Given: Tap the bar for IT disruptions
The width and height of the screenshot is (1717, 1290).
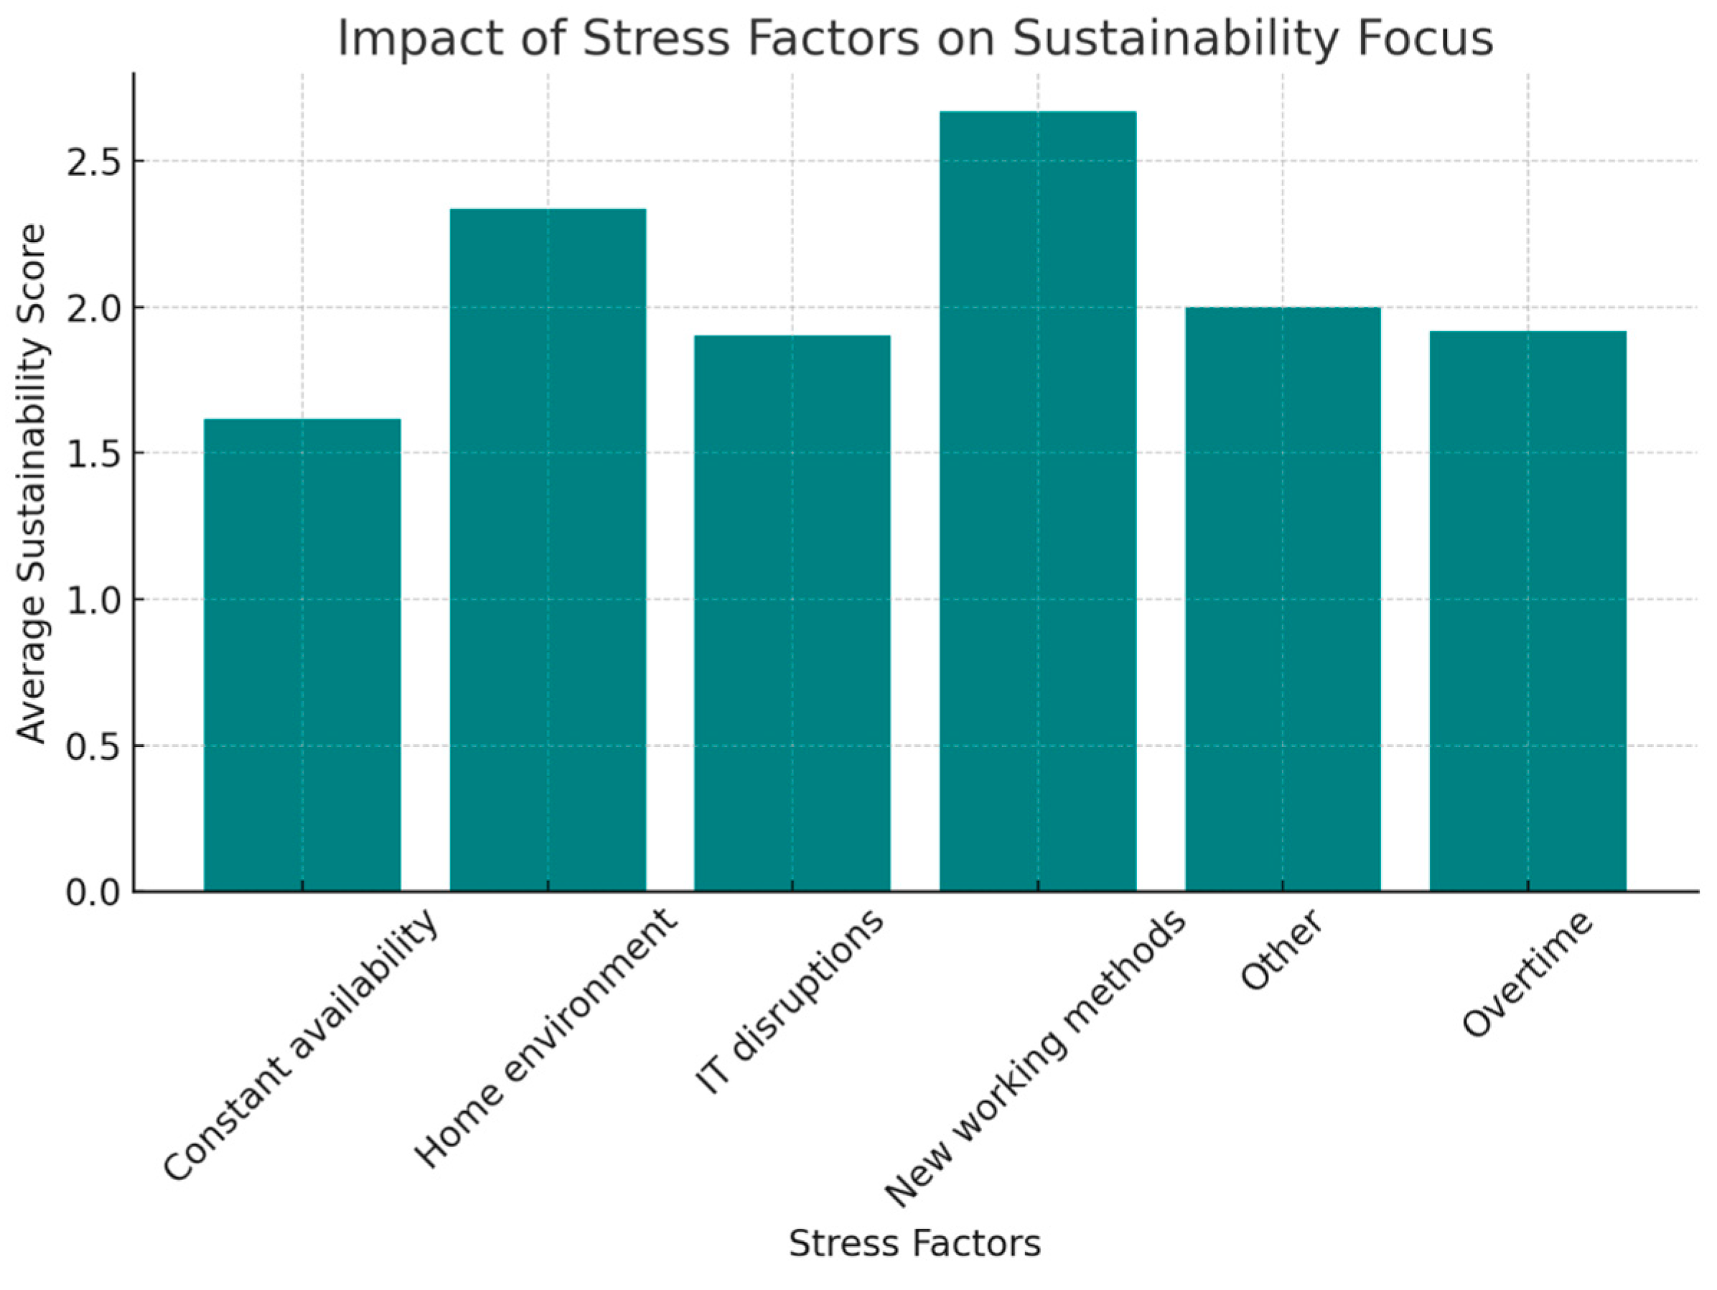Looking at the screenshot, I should coord(792,613).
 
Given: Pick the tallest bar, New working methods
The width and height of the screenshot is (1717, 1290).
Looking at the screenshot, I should coord(1038,501).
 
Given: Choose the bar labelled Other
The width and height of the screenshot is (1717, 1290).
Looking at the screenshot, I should coord(1282,599).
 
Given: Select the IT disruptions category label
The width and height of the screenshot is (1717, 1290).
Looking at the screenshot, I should coord(790,1002).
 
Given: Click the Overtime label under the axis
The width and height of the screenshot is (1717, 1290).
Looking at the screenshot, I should coord(1527,974).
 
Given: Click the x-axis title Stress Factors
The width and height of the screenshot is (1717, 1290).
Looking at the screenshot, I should coord(914,1243).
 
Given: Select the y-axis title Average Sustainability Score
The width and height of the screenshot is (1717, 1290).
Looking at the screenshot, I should coord(32,483).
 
